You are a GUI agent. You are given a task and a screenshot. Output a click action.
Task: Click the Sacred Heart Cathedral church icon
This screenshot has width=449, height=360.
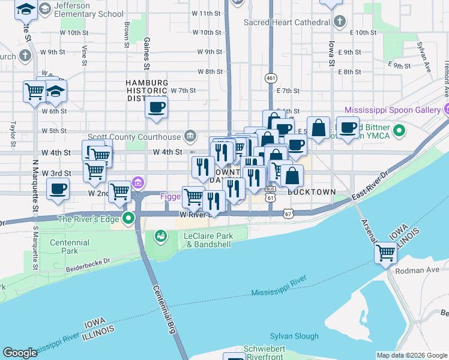coord(340,22)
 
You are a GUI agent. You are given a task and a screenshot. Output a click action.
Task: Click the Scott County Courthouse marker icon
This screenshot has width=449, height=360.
coord(190,136)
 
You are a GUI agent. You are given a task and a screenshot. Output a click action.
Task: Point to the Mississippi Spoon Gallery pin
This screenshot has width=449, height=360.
coord(447,110)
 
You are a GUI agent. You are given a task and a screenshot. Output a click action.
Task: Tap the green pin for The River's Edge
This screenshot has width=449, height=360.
coord(128,218)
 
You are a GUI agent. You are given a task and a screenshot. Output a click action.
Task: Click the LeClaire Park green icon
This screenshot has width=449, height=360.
coord(160,236)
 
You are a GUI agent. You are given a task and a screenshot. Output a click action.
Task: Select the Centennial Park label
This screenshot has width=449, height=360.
coord(70,247)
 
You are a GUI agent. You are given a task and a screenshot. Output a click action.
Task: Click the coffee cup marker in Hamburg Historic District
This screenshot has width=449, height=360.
coord(156,107)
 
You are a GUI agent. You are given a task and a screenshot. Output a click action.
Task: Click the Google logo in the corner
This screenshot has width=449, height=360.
coord(20,353)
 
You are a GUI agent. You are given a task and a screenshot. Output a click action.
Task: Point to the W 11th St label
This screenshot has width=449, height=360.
coord(210,13)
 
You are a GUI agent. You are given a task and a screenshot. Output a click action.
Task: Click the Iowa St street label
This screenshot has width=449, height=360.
coord(331,57)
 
